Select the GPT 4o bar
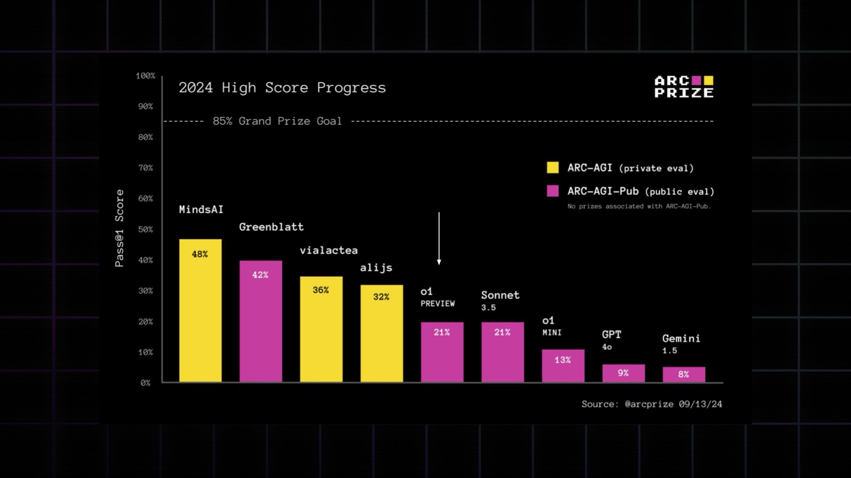click(623, 374)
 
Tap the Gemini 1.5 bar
click(684, 375)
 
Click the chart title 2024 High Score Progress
click(282, 88)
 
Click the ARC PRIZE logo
click(684, 87)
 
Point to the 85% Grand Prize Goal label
click(277, 121)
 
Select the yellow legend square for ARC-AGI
click(553, 167)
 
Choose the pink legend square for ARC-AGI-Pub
click(553, 191)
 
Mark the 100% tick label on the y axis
click(145, 76)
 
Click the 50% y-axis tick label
click(145, 230)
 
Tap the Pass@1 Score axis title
click(120, 228)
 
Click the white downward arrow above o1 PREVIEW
click(439, 239)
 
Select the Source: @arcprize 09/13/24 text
click(651, 404)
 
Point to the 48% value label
click(200, 255)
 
